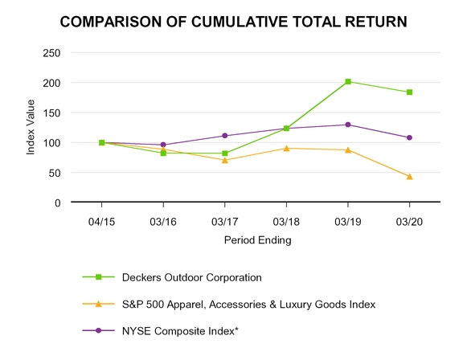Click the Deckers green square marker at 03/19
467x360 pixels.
tap(347, 81)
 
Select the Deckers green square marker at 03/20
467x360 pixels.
tap(409, 92)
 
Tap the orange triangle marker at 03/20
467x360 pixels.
tap(409, 176)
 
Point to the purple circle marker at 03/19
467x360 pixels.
tap(347, 125)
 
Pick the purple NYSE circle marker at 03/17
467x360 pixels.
tap(225, 136)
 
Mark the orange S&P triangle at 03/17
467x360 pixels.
tap(225, 160)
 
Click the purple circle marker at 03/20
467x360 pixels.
tap(409, 137)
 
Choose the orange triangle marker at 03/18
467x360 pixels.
tap(286, 148)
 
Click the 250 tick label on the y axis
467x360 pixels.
tap(52, 53)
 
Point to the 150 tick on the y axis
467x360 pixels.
tap(52, 112)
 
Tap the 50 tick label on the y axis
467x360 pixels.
tap(55, 173)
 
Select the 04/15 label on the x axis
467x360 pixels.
tap(102, 219)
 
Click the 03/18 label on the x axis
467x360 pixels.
tap(286, 219)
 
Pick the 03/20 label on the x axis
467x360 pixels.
tap(409, 219)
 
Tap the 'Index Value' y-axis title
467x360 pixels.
tap(31, 127)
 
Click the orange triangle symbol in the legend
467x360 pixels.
tap(99, 304)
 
